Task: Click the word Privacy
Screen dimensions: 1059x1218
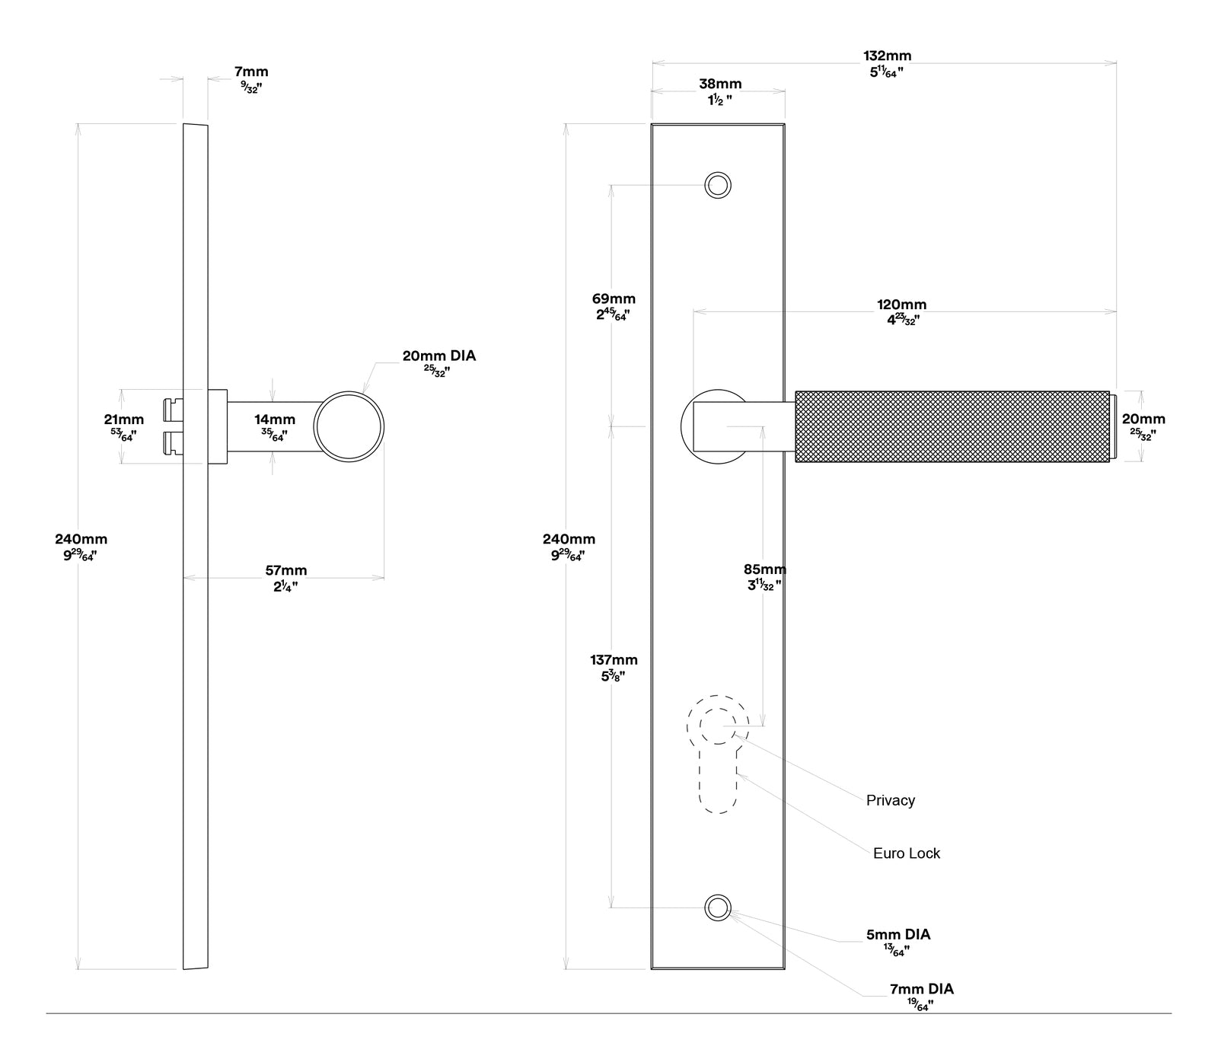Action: click(x=890, y=800)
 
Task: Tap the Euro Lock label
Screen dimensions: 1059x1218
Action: click(x=906, y=853)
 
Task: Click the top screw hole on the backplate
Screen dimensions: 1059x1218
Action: click(x=718, y=185)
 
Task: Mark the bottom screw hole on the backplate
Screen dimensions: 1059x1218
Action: click(x=717, y=907)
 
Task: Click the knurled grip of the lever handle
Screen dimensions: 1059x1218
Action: click(x=952, y=426)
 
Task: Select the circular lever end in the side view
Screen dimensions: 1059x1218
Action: click(x=349, y=426)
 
